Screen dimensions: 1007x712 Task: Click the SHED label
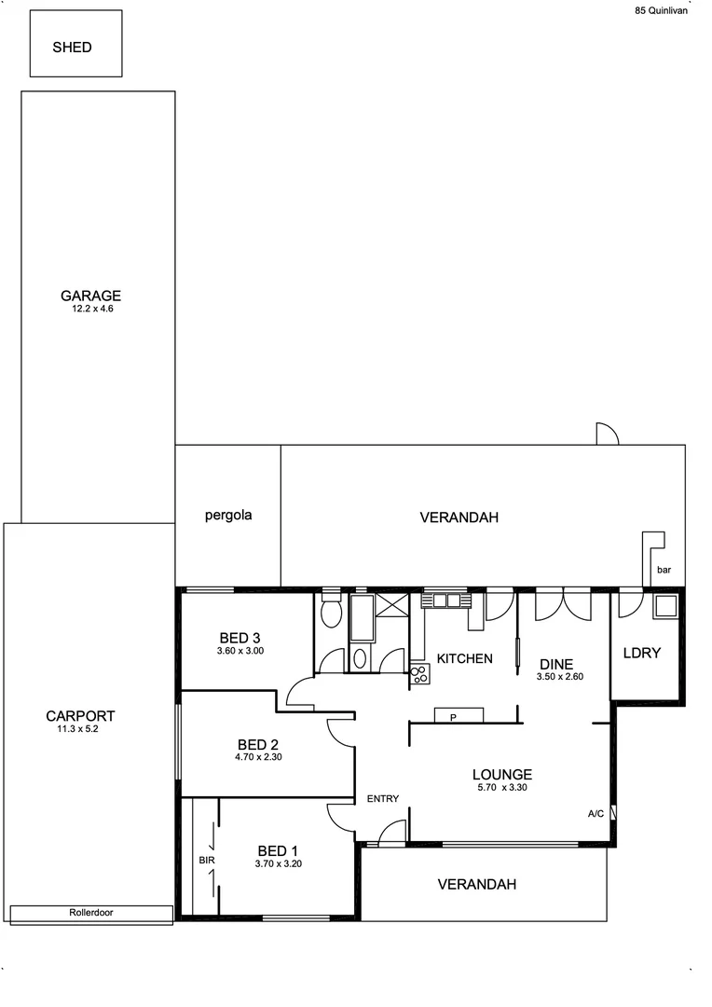click(x=72, y=47)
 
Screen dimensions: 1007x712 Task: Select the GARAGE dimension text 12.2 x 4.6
click(x=91, y=309)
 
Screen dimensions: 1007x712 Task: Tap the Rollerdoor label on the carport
click(x=91, y=913)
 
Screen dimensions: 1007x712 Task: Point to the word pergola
click(x=228, y=515)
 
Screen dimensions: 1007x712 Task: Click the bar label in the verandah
click(x=664, y=570)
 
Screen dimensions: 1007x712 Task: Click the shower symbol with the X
click(x=391, y=603)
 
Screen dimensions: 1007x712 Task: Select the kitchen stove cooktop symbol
click(x=419, y=675)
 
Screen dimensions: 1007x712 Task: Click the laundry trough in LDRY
click(x=666, y=607)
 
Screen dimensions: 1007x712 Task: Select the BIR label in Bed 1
click(x=206, y=860)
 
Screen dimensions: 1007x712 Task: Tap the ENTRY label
click(x=382, y=798)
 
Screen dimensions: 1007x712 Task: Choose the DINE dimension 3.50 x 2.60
click(x=559, y=677)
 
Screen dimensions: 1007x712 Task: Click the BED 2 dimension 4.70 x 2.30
click(x=259, y=758)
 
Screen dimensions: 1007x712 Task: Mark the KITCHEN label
click(x=464, y=658)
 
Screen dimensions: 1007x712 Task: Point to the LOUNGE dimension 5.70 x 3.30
click(x=501, y=788)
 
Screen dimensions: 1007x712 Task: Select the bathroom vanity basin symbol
click(x=360, y=657)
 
